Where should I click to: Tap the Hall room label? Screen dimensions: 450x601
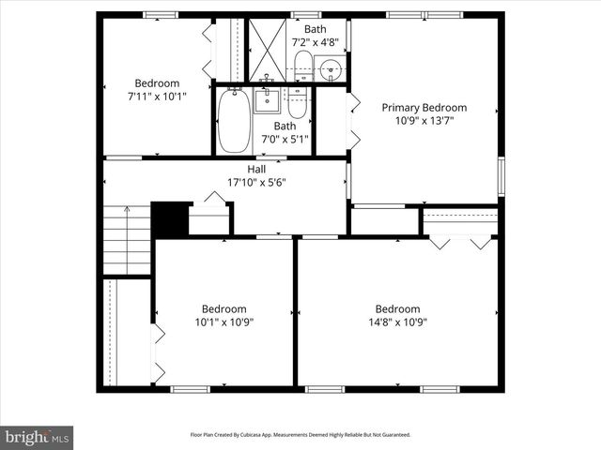[256, 169]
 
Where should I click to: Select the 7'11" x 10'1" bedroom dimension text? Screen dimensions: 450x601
[157, 96]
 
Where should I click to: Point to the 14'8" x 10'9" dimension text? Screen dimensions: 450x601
[397, 322]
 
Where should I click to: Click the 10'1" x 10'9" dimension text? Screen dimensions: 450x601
[224, 322]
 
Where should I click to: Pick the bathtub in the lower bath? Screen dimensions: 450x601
[232, 120]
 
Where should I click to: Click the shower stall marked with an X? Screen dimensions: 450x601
[268, 51]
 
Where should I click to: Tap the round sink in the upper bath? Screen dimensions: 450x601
[329, 68]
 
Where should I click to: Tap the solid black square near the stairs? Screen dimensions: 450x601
[170, 219]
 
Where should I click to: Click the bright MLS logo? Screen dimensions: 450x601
[38, 437]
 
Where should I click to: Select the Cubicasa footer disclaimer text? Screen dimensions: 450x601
[300, 435]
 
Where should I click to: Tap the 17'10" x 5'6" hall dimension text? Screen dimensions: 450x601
[256, 182]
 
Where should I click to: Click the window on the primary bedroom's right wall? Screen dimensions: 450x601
[501, 176]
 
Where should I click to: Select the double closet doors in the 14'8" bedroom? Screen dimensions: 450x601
[460, 242]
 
